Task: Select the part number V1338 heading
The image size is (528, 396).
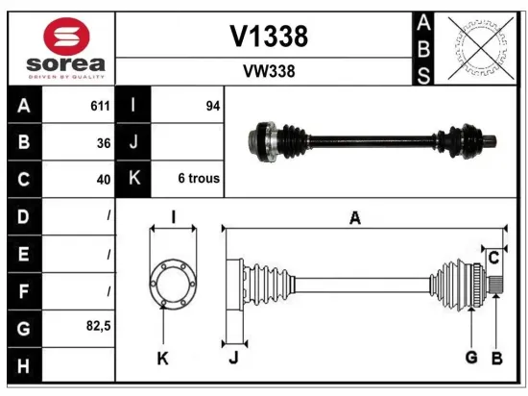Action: coord(269,36)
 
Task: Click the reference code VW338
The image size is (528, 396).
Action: coord(269,70)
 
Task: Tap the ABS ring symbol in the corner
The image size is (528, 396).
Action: coord(477,47)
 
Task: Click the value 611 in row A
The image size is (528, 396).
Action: coord(99,107)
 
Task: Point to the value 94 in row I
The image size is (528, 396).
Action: coord(212,107)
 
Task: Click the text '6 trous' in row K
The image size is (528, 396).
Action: coord(199,178)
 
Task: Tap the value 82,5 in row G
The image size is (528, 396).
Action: coord(98,327)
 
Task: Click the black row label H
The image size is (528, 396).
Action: coord(23,364)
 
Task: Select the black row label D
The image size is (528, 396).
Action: coord(23,216)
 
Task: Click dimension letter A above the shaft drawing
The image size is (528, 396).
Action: coord(355,219)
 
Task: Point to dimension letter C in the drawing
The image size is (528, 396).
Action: coord(492,258)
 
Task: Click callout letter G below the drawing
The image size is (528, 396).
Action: coord(471,358)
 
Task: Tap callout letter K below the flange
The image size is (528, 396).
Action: coord(163,359)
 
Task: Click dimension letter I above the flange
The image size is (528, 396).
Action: coord(174,217)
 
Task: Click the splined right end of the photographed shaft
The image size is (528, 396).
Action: coord(489,143)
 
